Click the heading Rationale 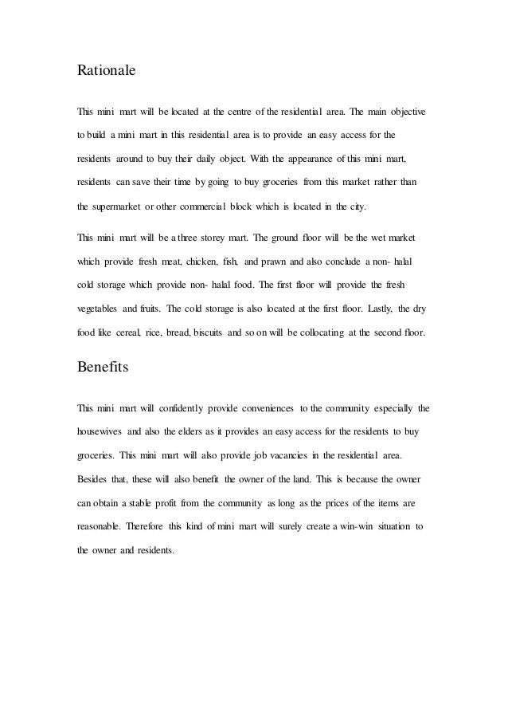(106, 70)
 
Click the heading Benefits (103, 369)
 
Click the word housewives (100, 431)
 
